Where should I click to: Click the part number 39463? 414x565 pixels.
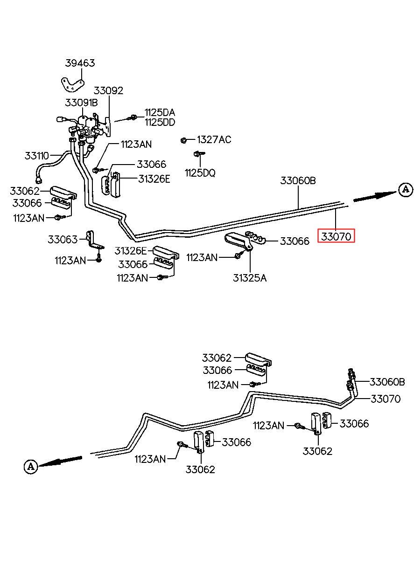(x=80, y=63)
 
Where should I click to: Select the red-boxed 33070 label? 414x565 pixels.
(x=336, y=236)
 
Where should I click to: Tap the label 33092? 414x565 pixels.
(x=108, y=90)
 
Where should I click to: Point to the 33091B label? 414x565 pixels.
(x=81, y=103)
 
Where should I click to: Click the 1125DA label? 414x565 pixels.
(x=160, y=112)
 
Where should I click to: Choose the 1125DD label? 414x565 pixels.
(x=160, y=122)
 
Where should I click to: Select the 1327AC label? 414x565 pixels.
(x=214, y=139)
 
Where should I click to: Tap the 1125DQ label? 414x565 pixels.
(x=200, y=173)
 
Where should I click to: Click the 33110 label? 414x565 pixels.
(x=36, y=156)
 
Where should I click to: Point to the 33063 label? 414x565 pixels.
(x=63, y=239)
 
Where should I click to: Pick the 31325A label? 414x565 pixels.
(x=250, y=278)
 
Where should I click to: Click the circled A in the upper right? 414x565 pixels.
(x=406, y=190)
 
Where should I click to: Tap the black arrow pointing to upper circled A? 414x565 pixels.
(x=375, y=196)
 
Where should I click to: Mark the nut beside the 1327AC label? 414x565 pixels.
(x=183, y=140)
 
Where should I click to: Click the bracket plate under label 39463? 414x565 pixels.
(x=72, y=85)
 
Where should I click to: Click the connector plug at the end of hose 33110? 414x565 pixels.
(x=39, y=180)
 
